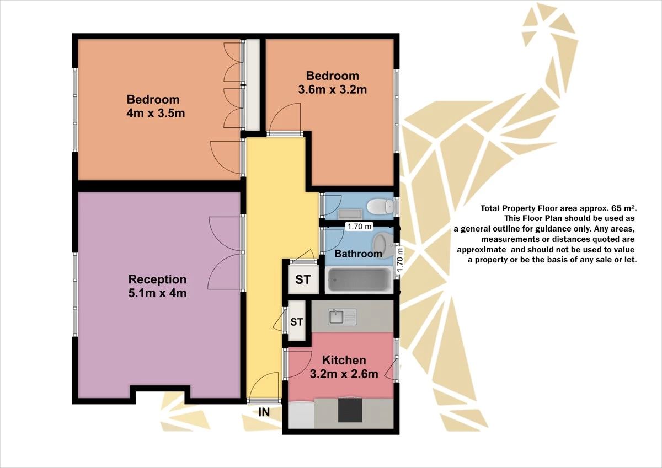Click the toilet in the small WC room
click(x=380, y=206)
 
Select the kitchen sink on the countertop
click(x=343, y=317)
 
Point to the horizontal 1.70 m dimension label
click(x=359, y=227)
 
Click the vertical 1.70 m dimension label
click(x=400, y=260)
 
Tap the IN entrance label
click(x=264, y=412)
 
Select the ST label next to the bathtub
click(x=303, y=279)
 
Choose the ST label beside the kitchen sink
click(x=296, y=322)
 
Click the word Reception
click(x=158, y=279)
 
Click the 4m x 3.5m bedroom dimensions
click(x=156, y=113)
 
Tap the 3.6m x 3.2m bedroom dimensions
click(x=333, y=89)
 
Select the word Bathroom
click(x=358, y=254)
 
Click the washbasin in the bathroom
click(x=382, y=245)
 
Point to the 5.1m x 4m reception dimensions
click(x=158, y=293)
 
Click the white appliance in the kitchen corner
click(x=301, y=415)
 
